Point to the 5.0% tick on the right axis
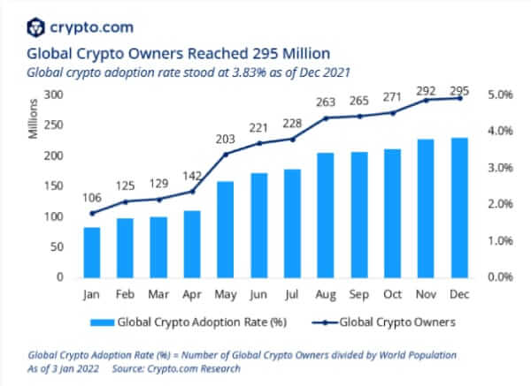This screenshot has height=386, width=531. click(x=499, y=95)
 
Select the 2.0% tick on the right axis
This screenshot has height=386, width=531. click(x=499, y=204)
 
